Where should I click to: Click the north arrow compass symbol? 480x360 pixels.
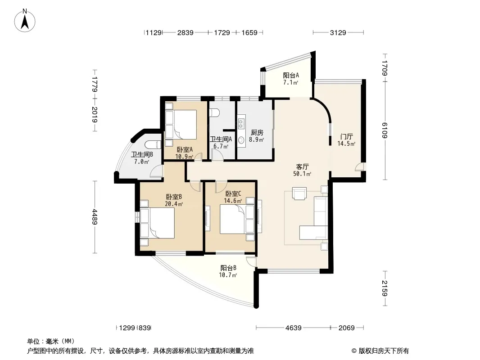coord(25,21)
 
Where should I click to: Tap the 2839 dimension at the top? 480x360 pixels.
coord(185,33)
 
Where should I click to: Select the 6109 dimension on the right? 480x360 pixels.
coord(385,130)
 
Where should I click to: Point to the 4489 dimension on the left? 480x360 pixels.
coord(95,217)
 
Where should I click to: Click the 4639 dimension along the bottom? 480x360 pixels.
coord(293,328)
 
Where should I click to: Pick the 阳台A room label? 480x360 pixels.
coord(290,75)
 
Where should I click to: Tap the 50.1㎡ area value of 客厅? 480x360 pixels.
coord(302,174)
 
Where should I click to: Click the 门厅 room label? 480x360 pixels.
coord(347,137)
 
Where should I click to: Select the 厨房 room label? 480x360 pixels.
coord(257,133)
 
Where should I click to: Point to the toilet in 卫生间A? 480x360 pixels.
coord(215,112)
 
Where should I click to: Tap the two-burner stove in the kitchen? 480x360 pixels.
coord(241,123)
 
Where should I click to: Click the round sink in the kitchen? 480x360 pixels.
coord(241,140)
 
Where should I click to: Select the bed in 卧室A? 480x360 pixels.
coord(181,125)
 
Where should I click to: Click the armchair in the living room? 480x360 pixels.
coord(299,193)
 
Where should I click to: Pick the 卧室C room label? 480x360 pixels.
coord(233,193)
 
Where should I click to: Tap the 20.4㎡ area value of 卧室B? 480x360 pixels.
coord(174,204)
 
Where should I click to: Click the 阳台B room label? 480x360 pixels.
coord(228,268)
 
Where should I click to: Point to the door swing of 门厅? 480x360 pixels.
coord(360,167)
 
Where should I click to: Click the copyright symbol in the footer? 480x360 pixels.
coord(354,351)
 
